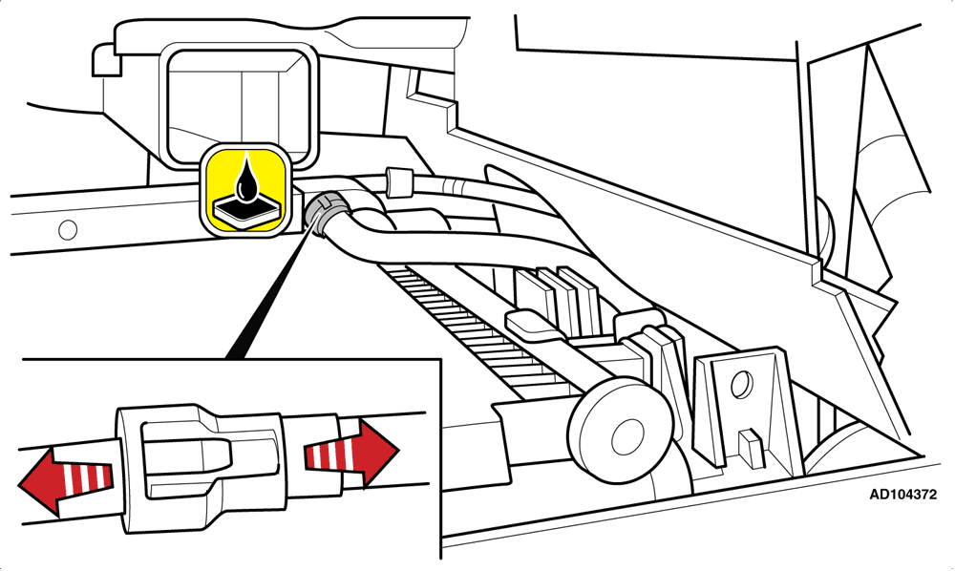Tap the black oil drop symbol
coord(247,180)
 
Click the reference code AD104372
coord(902,495)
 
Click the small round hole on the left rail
coord(68,229)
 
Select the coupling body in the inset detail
coord(201,468)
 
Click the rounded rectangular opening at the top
coord(238,103)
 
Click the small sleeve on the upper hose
coord(396,181)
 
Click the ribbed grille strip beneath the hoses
coord(469,328)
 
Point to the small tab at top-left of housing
coord(107,59)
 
